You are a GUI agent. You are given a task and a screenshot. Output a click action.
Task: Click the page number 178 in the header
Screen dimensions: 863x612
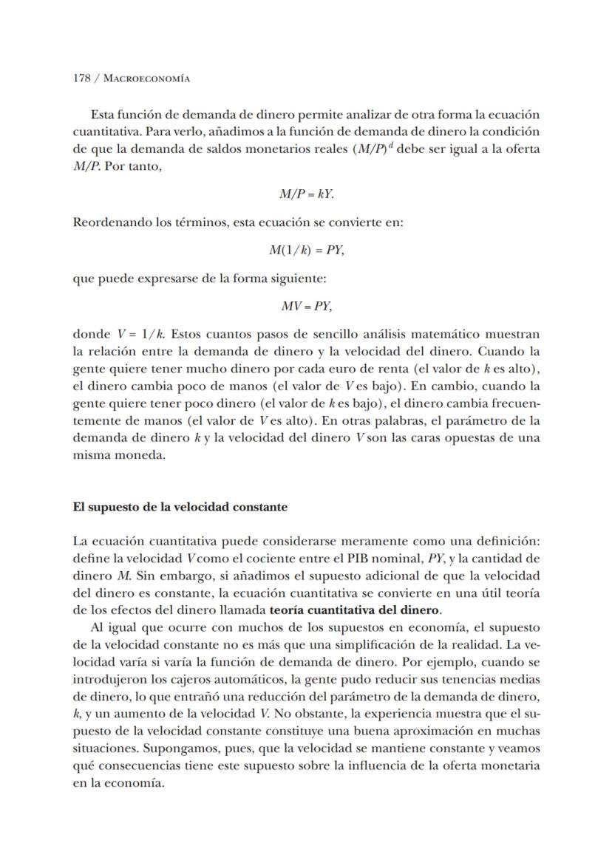pyautogui.click(x=81, y=78)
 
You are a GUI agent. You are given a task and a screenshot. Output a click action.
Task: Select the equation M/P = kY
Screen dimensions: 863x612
pyautogui.click(x=306, y=194)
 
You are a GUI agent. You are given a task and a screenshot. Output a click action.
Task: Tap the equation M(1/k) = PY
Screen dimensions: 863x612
pyautogui.click(x=306, y=250)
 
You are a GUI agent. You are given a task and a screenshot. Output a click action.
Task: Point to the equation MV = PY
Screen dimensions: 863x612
pyautogui.click(x=306, y=306)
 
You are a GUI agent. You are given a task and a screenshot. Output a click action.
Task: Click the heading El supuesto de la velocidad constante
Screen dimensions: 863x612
pyautogui.click(x=180, y=508)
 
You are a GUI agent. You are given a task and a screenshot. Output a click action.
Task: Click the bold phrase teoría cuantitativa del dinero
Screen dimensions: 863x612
pyautogui.click(x=356, y=610)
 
